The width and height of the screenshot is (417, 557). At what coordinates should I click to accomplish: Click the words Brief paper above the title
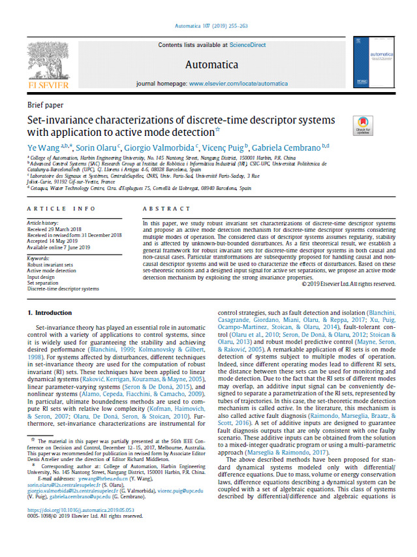pyautogui.click(x=45, y=105)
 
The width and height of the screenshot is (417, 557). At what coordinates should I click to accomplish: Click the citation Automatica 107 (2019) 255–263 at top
pyautogui.click(x=208, y=27)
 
